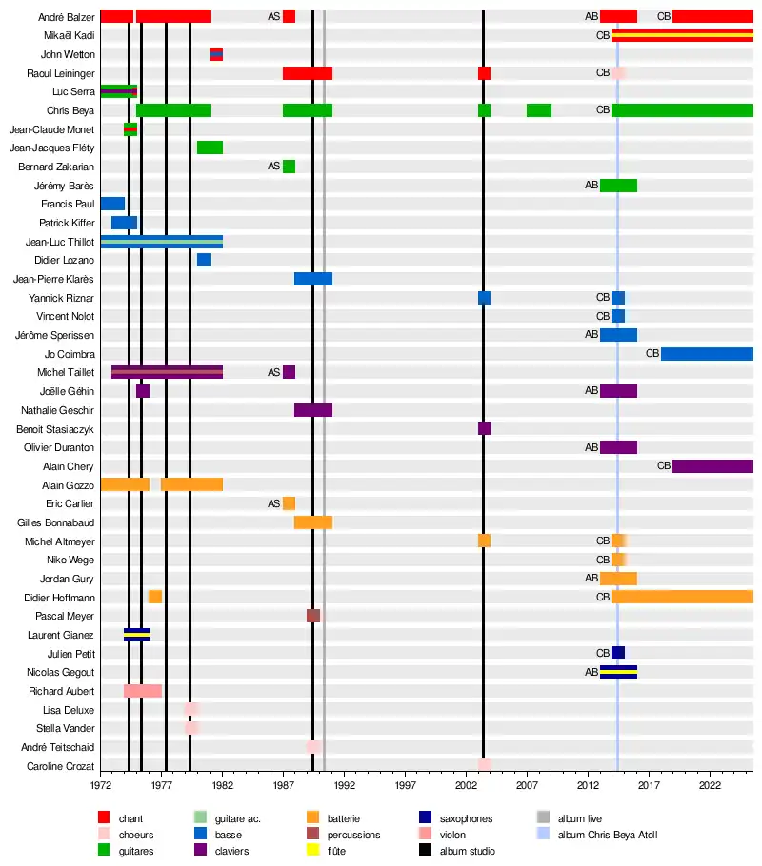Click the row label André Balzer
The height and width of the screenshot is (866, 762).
pos(67,17)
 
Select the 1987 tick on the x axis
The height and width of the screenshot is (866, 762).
pos(284,785)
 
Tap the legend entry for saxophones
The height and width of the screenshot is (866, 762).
pos(467,818)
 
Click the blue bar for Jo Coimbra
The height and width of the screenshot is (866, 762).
pos(707,354)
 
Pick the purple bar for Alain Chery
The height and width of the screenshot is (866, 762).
pos(712,466)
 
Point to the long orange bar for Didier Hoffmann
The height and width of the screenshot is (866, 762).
pos(682,598)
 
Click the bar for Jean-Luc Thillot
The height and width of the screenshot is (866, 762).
pos(162,242)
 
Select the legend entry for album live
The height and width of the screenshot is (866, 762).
pos(580,818)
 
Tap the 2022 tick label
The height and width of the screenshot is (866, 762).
pos(710,785)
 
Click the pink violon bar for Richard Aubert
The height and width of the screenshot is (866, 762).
pos(143,691)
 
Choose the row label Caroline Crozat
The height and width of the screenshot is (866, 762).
pos(61,766)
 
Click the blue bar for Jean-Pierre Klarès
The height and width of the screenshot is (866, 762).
pos(313,279)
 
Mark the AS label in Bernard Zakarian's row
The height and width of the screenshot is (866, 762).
pos(274,167)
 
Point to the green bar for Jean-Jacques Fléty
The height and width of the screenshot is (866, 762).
pos(210,148)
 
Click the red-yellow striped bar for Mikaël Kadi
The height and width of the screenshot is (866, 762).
pos(682,35)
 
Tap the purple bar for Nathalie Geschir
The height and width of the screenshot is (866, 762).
pos(313,410)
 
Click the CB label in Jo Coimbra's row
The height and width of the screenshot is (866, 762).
pos(652,354)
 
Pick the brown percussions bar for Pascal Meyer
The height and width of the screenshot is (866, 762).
pos(313,616)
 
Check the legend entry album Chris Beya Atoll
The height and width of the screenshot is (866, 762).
pos(608,835)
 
